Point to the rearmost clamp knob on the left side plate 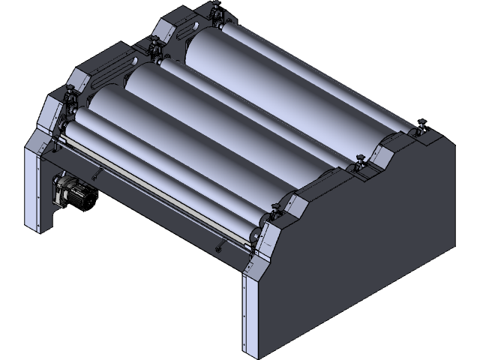tap(217, 10)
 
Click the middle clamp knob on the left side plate tap(154, 47)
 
